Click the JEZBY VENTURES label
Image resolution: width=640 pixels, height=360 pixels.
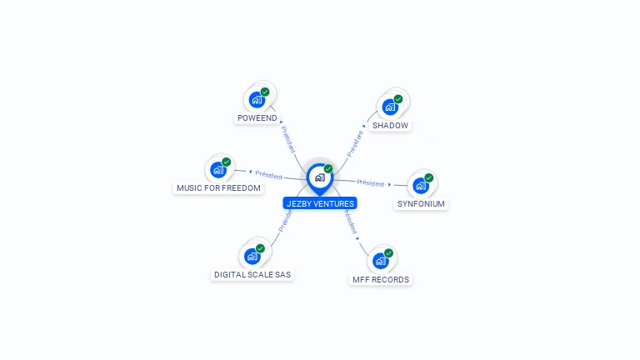tap(320, 203)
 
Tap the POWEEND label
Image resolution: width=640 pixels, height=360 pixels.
tap(257, 118)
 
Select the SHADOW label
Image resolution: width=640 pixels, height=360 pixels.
tap(390, 125)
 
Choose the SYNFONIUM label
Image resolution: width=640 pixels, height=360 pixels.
tap(421, 204)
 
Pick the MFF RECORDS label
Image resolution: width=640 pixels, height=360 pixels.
tap(381, 279)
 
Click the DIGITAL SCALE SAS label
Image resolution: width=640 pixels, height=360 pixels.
tap(252, 274)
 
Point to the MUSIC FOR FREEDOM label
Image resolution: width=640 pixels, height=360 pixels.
tap(219, 188)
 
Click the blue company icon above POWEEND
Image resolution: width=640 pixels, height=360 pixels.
tap(257, 100)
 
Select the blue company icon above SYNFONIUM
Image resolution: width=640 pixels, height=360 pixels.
tap(421, 185)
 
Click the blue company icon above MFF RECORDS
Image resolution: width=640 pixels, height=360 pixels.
tap(381, 261)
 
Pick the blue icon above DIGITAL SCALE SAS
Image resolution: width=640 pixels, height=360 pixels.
tap(252, 256)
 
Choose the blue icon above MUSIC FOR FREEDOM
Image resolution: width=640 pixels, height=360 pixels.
tap(218, 170)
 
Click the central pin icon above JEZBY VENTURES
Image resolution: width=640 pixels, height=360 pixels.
tap(319, 177)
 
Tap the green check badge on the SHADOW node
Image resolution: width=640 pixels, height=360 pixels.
tap(398, 99)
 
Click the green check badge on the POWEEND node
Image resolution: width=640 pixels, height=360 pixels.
tap(265, 92)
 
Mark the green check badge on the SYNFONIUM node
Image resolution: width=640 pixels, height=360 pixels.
tap(429, 177)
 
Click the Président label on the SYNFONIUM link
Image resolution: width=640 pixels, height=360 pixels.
tap(370, 182)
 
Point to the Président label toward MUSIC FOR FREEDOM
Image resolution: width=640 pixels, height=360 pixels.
tap(268, 175)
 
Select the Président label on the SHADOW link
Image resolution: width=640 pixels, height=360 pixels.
tap(356, 143)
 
